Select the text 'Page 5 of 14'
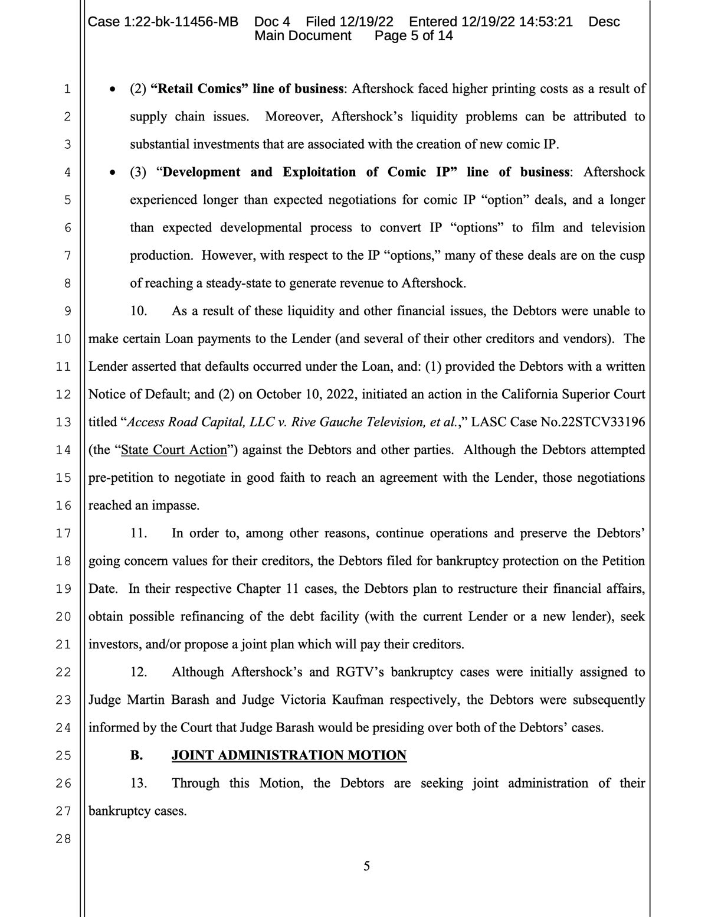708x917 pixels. [414, 35]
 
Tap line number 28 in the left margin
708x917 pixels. [63, 838]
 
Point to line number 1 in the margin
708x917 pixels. [67, 89]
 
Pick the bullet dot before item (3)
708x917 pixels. [112, 173]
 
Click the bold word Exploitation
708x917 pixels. [319, 172]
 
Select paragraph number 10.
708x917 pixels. [138, 311]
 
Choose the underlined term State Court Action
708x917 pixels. [173, 449]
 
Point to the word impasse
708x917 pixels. [175, 505]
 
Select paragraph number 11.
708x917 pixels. [138, 533]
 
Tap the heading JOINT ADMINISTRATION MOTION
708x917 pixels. [289, 755]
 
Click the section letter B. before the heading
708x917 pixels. [136, 755]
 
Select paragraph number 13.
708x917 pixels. [138, 783]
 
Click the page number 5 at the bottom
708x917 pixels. [366, 866]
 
